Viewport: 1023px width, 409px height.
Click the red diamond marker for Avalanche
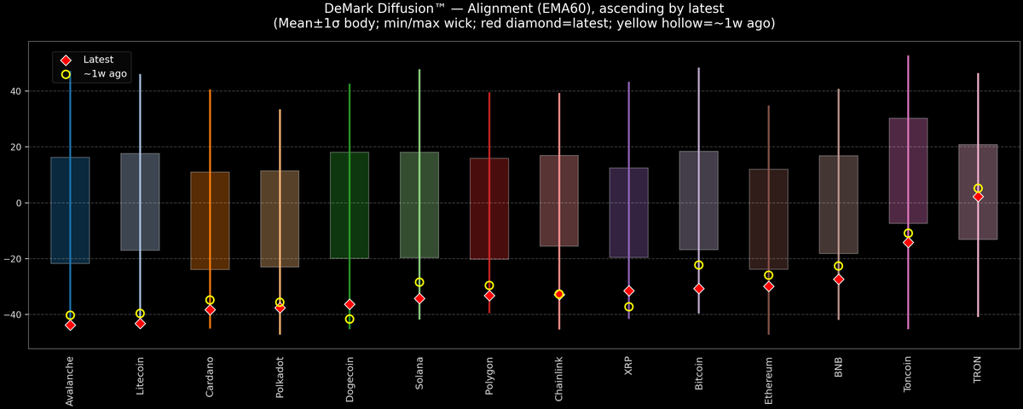(70, 325)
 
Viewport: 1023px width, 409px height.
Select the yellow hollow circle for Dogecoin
(350, 319)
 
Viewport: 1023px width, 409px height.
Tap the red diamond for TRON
(978, 196)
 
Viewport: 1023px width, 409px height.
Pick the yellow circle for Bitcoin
(699, 265)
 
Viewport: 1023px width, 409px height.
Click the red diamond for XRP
(629, 291)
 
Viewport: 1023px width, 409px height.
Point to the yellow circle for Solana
(419, 282)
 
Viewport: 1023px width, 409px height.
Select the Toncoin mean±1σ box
(908, 170)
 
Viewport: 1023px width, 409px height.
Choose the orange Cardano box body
(210, 220)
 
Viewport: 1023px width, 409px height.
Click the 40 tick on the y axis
(16, 91)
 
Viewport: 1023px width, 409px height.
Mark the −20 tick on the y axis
(14, 259)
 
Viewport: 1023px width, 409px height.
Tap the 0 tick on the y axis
(19, 203)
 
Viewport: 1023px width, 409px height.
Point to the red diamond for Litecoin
(140, 323)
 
